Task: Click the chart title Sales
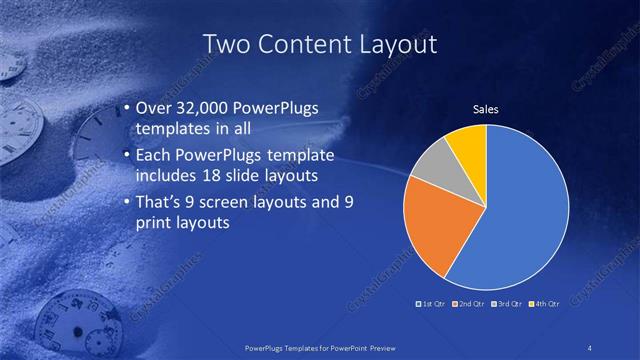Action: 485,109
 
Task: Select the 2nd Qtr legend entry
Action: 470,303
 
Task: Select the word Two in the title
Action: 225,44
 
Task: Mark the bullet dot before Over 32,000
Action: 124,109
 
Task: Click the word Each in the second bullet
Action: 150,155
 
